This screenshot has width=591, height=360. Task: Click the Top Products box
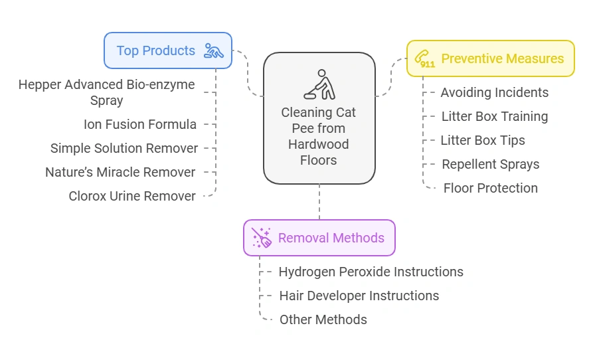tap(167, 50)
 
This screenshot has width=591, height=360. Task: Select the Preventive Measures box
tap(490, 58)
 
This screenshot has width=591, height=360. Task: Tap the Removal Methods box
tap(319, 238)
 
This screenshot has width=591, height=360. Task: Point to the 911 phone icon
tap(425, 59)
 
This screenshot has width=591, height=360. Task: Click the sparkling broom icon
tap(262, 238)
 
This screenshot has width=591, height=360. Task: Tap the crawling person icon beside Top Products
tap(214, 50)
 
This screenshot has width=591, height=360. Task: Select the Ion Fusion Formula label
tap(140, 124)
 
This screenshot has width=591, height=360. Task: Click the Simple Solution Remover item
tap(124, 148)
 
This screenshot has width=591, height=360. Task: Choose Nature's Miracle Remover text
tap(120, 172)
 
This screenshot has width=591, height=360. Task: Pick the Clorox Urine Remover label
tap(132, 196)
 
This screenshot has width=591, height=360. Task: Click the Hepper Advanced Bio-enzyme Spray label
tap(107, 92)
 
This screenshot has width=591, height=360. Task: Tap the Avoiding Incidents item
tap(495, 92)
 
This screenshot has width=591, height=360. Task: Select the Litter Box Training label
tap(495, 116)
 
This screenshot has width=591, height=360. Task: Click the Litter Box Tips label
tap(483, 140)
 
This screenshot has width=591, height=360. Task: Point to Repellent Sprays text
tap(491, 164)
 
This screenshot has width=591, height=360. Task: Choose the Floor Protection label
tap(491, 188)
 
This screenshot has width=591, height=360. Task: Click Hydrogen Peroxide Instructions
tap(371, 272)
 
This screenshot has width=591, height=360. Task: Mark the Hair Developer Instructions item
tap(359, 296)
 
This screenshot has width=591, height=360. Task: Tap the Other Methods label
tap(323, 319)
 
